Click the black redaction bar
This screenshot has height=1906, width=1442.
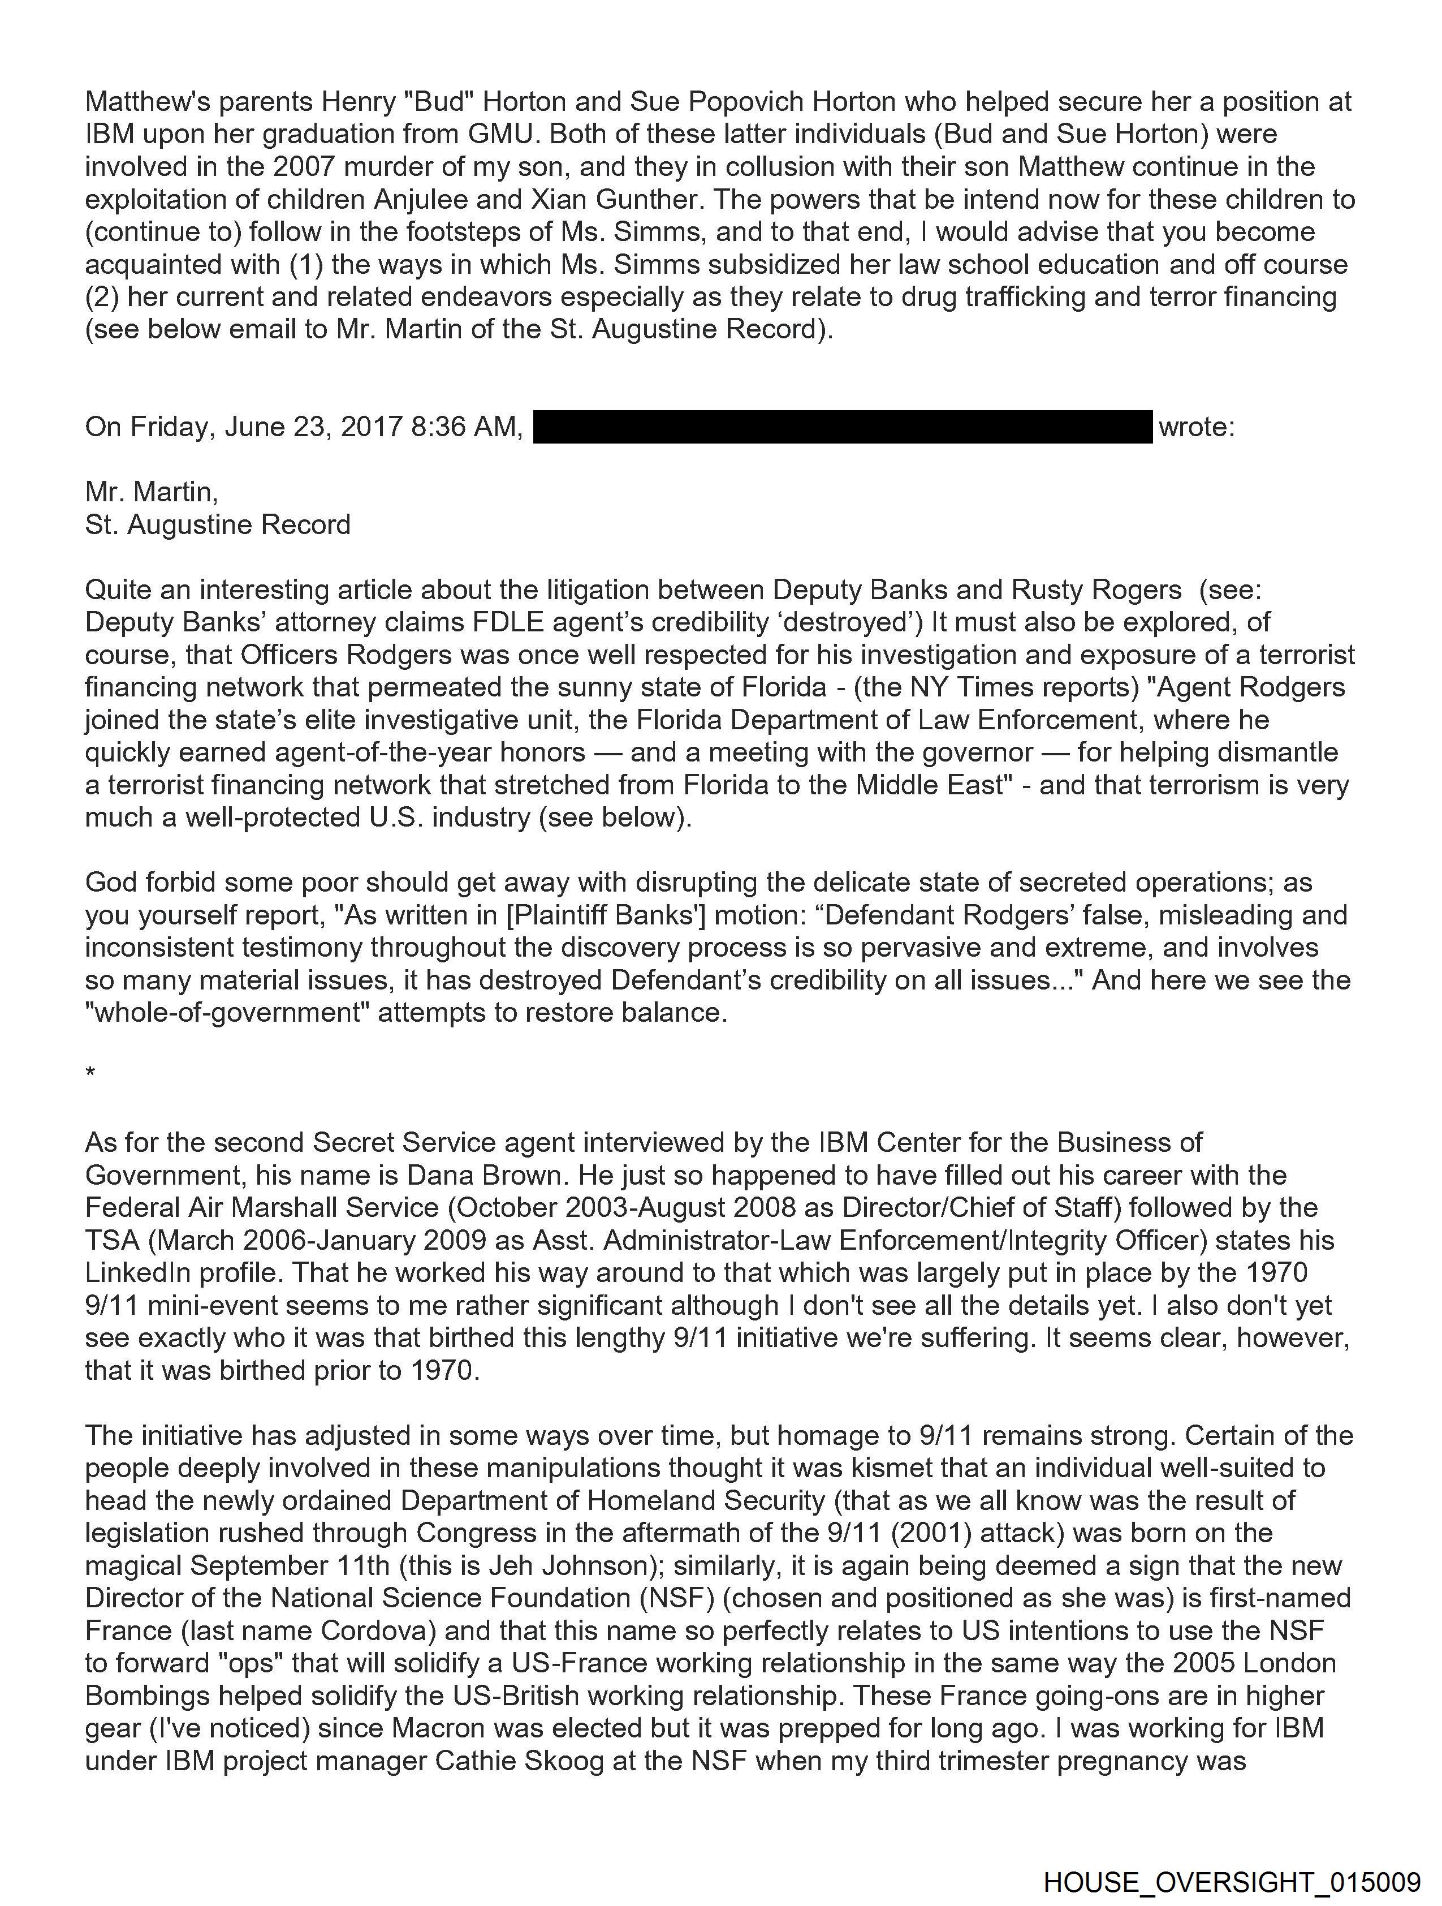tap(843, 427)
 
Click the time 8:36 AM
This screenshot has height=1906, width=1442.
tap(466, 427)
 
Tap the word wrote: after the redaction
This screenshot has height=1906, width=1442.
tap(1197, 427)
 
